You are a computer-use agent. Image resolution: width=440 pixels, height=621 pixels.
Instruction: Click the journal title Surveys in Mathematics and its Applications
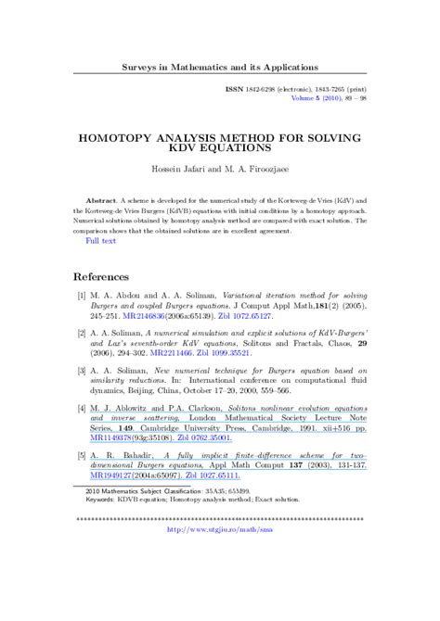(220, 67)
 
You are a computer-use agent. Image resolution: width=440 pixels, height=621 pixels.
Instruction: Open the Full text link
(101, 240)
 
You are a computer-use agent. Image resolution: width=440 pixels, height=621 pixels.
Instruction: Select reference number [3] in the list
(82, 370)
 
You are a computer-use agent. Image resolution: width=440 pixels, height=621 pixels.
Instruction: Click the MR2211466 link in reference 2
(175, 353)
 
